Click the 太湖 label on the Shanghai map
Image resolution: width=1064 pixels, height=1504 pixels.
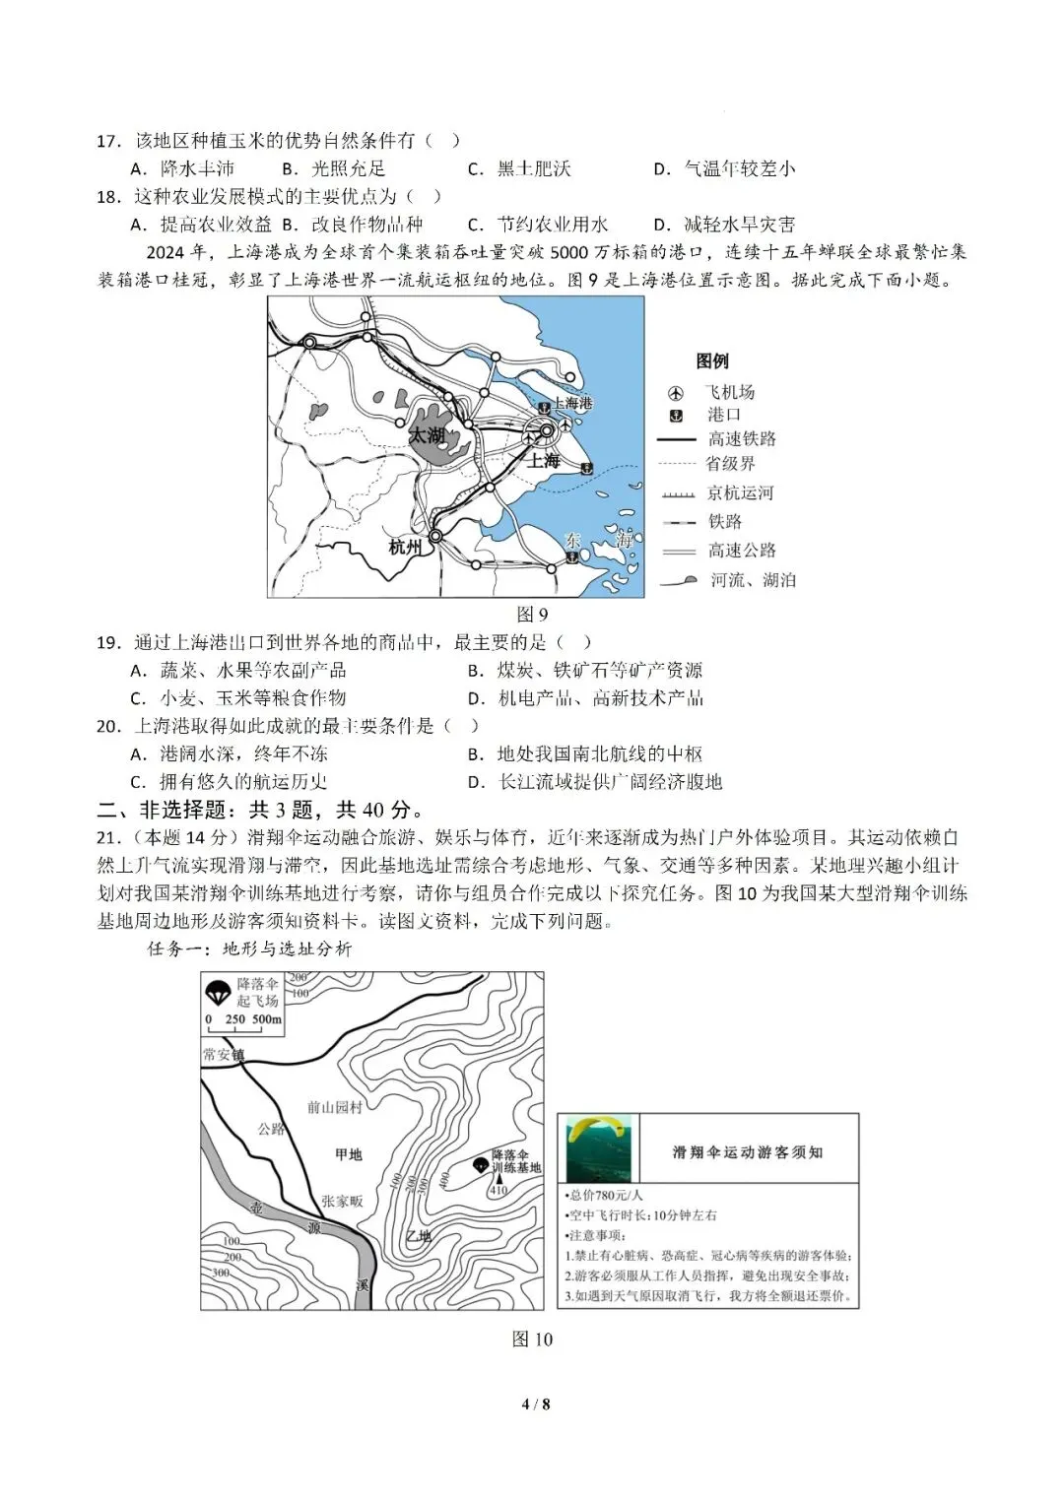(427, 435)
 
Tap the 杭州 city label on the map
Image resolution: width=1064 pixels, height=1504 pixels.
(405, 547)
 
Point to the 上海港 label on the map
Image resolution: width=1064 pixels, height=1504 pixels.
(572, 403)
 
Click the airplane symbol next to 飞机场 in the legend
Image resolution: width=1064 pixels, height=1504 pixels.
(676, 393)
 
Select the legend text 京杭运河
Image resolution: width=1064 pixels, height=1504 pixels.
(740, 492)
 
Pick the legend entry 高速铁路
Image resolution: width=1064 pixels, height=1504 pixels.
(741, 439)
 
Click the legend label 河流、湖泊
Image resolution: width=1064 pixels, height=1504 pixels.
(753, 580)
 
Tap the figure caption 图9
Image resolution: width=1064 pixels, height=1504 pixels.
(531, 615)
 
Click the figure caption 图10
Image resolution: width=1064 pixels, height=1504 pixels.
(532, 1340)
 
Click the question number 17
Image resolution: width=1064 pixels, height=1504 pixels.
(107, 141)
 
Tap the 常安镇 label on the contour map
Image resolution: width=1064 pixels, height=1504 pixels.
(223, 1055)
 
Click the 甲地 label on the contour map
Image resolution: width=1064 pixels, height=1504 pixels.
(348, 1154)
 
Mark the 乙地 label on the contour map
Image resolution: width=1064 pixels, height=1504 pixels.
(419, 1236)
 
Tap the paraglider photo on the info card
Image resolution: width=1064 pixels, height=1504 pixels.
(598, 1148)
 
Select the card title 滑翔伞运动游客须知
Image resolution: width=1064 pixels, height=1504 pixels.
(747, 1152)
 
